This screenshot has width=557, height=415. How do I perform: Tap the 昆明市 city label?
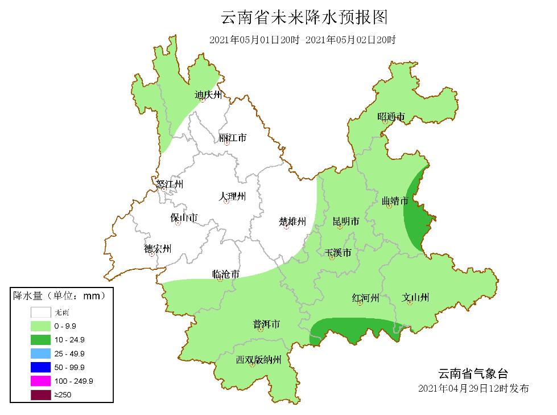(346, 221)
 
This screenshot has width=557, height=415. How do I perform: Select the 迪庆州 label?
(208, 94)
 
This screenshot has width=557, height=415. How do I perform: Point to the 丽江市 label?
(233, 138)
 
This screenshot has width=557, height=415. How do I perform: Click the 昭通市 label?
(391, 117)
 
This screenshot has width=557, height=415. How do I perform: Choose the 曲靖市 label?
(395, 200)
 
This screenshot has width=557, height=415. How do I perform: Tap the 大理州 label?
(232, 196)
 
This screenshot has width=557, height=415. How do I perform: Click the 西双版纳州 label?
(259, 360)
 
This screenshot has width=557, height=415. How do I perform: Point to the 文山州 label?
(415, 297)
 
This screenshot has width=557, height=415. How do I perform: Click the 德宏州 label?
(158, 248)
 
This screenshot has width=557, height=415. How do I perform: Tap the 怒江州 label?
(170, 184)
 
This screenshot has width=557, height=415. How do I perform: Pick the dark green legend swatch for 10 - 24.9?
(42, 339)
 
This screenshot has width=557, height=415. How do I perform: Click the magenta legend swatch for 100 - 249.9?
(42, 380)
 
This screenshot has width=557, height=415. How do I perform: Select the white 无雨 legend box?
(42, 312)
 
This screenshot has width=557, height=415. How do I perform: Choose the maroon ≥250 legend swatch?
(42, 394)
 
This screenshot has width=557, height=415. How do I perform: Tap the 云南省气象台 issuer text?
(473, 374)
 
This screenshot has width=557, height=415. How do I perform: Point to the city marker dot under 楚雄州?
(287, 227)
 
